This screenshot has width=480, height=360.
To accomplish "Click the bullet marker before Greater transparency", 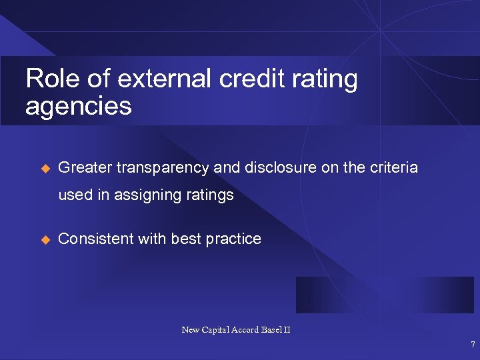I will click(45, 168).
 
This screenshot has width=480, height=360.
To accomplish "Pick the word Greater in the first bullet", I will click(85, 168).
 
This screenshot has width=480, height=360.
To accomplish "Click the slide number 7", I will click(473, 345).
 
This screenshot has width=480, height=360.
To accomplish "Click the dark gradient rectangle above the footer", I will click(385, 295).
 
